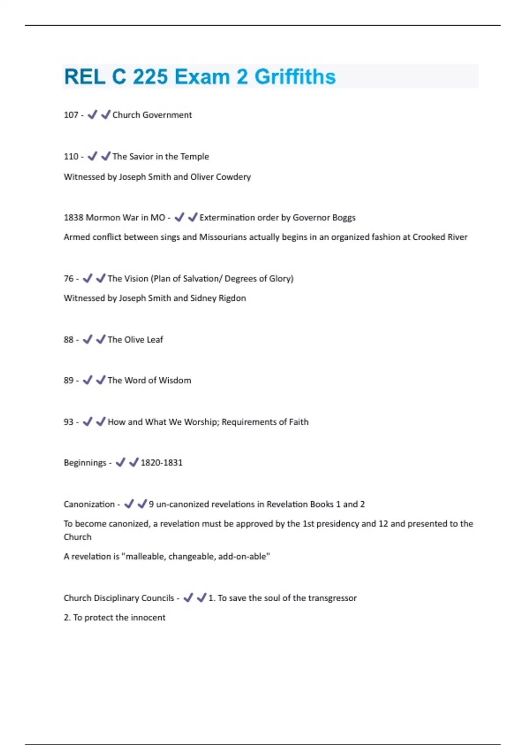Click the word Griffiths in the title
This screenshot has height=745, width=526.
pos(295,77)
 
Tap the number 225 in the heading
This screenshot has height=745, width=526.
pos(150,77)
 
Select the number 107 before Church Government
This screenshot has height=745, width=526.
pos(71,115)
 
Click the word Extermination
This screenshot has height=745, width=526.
pos(227,217)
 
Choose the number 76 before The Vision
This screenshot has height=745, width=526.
pos(68,278)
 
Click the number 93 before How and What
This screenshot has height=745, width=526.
pos(68,422)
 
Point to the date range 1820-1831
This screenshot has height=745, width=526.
pos(161,463)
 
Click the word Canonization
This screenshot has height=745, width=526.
pos(89,504)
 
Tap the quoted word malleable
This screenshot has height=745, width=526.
pos(144,557)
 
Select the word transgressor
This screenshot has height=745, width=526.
pos(332,598)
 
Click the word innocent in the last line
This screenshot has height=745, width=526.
pos(147,617)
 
